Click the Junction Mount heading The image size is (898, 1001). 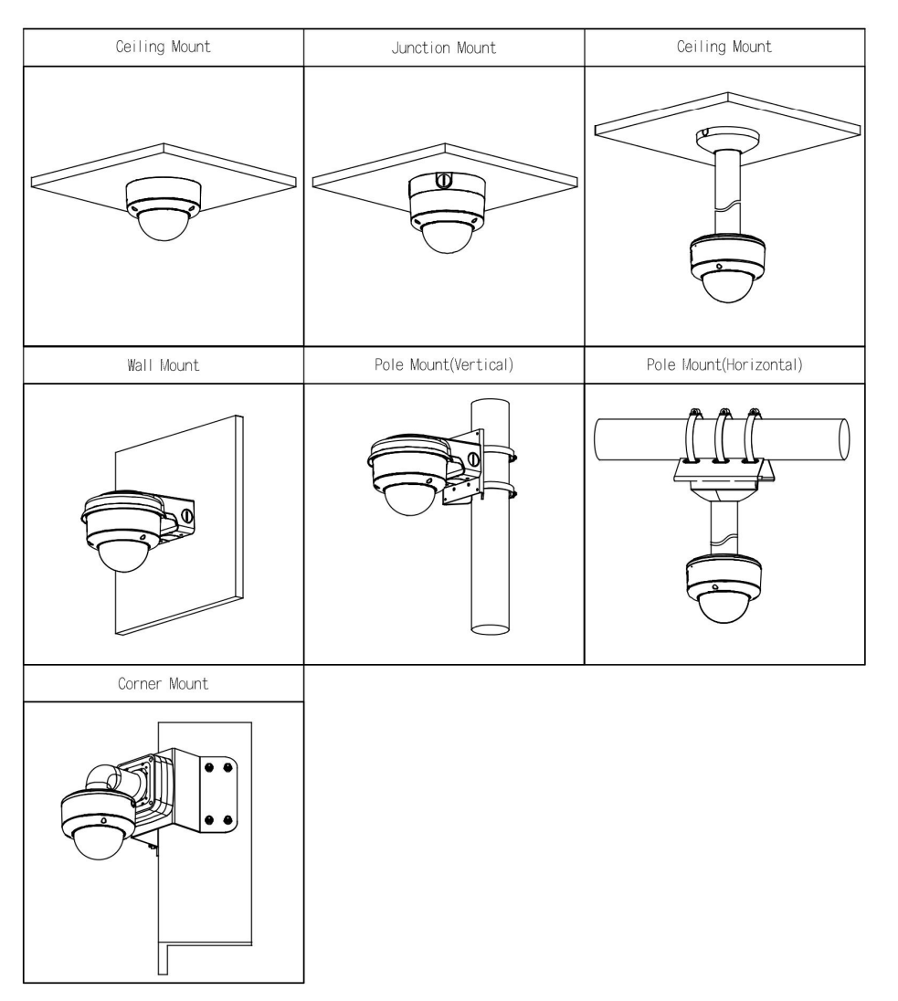pos(443,48)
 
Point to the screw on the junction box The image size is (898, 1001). pos(441,181)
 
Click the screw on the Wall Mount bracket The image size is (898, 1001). pos(186,514)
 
